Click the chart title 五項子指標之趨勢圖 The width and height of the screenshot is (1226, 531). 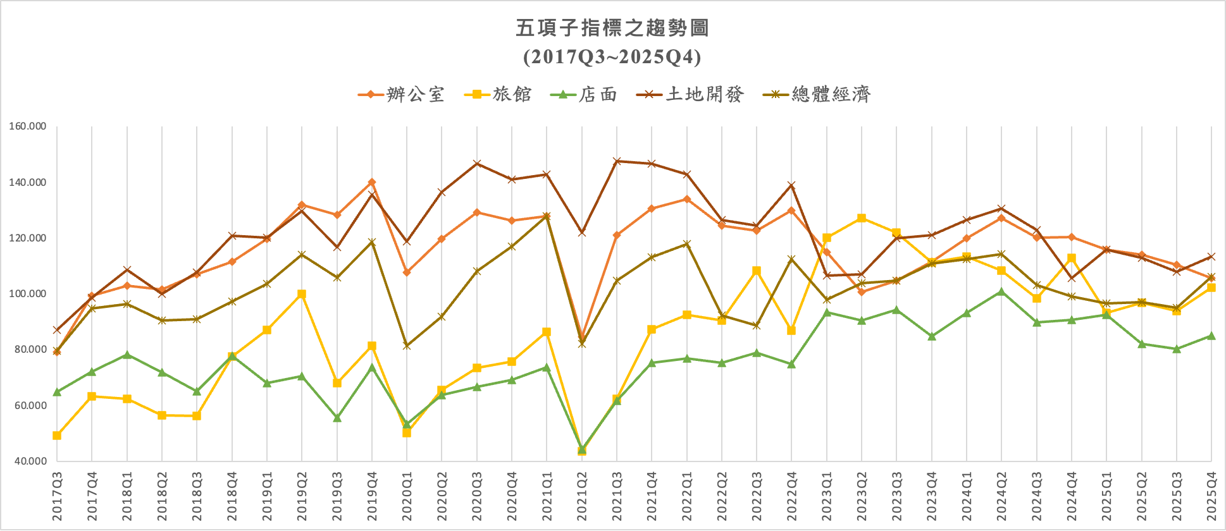point(612,28)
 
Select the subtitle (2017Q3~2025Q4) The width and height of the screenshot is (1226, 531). point(612,57)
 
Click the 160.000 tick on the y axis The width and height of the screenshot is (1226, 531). point(28,126)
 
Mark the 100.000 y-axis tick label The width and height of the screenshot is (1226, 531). point(28,294)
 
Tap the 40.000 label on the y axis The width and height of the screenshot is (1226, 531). point(30,461)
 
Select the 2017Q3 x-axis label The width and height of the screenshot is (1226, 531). point(58,496)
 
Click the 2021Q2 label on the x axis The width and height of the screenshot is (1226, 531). point(582,496)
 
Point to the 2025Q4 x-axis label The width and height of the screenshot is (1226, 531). point(1211,496)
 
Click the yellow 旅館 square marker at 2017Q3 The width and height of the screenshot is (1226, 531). point(57,436)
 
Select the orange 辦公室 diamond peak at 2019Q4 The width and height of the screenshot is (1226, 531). point(372,183)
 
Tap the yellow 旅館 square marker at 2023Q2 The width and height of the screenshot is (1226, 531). point(862,218)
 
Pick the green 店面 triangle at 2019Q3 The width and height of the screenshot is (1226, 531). point(337,418)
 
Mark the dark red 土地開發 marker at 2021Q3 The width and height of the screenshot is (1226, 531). point(617,161)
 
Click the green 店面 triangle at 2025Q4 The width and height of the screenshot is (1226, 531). point(1211,336)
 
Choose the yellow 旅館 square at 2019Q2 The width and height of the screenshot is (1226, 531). point(302,295)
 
